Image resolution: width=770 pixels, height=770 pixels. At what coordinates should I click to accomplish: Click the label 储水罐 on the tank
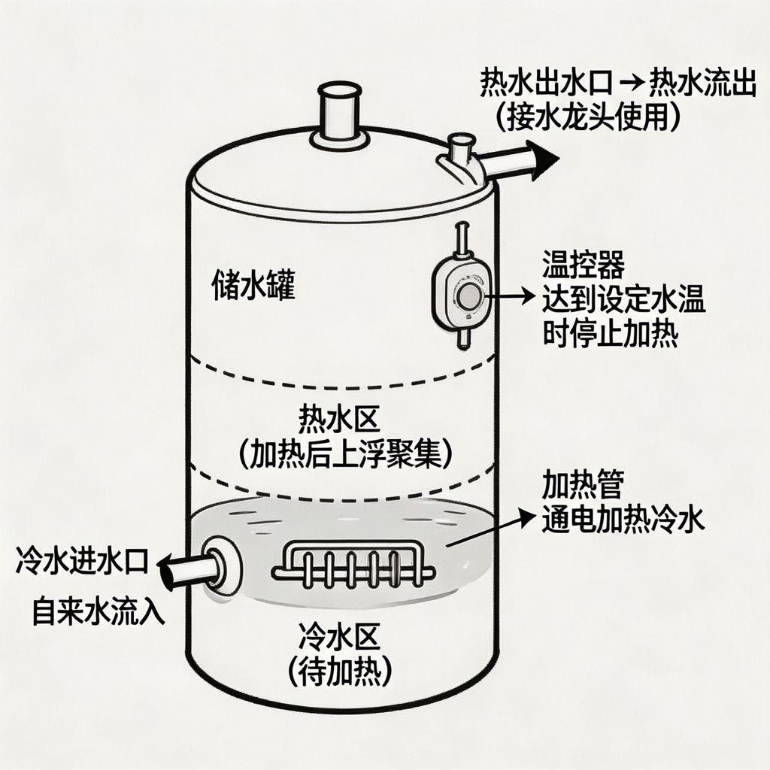[x=253, y=284]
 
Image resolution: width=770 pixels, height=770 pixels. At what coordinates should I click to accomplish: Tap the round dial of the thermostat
[x=469, y=296]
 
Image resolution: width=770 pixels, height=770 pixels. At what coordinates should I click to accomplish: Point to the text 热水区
[x=339, y=419]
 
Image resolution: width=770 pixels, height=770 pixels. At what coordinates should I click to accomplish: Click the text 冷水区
[x=339, y=635]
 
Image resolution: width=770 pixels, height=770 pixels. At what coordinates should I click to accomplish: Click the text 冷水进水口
[x=82, y=560]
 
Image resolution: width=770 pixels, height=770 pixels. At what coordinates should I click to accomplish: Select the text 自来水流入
[x=99, y=611]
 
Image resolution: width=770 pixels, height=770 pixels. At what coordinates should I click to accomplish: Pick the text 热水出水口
[x=546, y=83]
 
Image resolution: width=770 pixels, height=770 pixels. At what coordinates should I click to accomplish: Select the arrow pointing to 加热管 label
[x=490, y=527]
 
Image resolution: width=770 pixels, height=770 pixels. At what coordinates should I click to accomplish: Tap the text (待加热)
[x=339, y=671]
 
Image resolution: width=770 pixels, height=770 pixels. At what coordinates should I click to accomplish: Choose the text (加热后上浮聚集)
[x=345, y=453]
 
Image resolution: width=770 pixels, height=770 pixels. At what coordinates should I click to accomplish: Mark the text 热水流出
[x=702, y=83]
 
